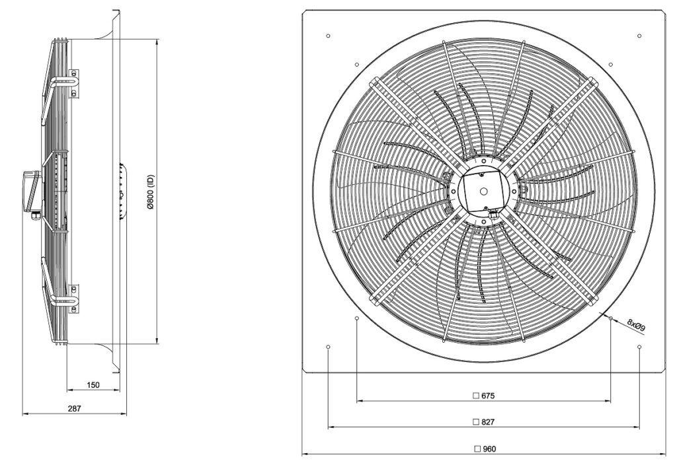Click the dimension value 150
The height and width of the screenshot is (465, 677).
tap(93, 385)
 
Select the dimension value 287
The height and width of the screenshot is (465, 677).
tap(74, 408)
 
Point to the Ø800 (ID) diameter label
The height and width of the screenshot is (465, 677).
tap(150, 192)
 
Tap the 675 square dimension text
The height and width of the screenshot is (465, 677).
tap(487, 396)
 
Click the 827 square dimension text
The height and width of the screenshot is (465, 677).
tap(487, 422)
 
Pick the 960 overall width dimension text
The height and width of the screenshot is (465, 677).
tap(489, 449)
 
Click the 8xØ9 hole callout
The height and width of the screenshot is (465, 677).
tap(636, 325)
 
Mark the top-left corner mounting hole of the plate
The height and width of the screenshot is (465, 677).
tap(328, 36)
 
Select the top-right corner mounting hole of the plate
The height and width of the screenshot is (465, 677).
tap(639, 36)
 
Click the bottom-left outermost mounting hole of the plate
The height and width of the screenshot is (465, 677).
tap(328, 347)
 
